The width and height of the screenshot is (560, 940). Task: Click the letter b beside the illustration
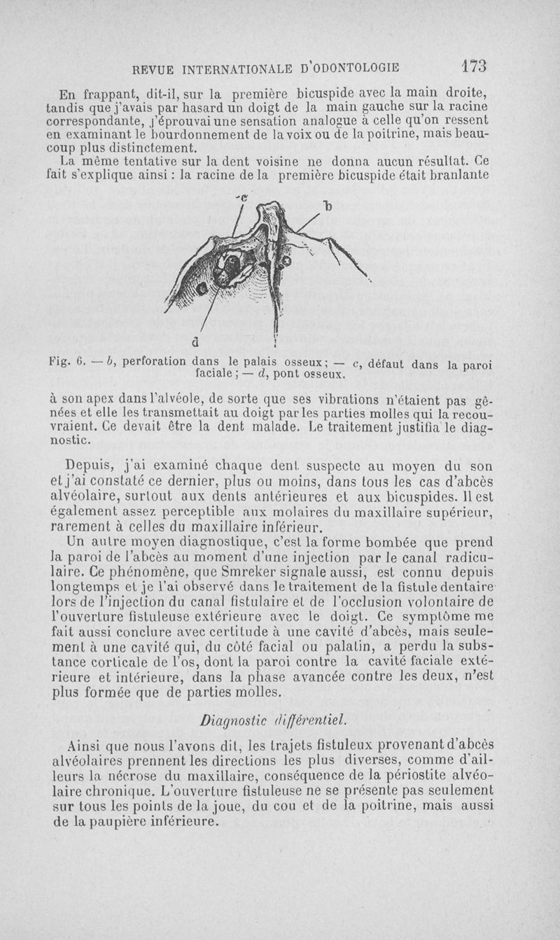click(x=325, y=206)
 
